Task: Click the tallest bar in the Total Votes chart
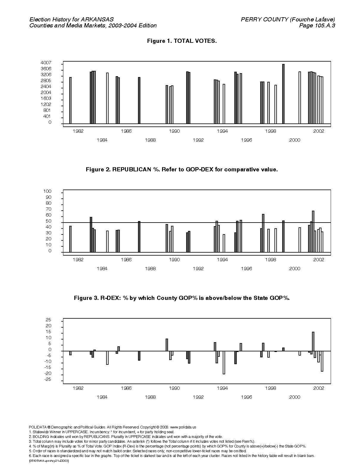tap(283, 94)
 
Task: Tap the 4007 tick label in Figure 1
tap(46, 63)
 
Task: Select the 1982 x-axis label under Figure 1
tap(78, 131)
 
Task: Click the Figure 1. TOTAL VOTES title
tap(182, 41)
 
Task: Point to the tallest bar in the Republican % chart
tap(313, 231)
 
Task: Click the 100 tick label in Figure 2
tap(47, 191)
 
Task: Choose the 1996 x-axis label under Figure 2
tap(247, 269)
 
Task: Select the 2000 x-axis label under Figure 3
tap(295, 397)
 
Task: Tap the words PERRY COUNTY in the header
tap(264, 20)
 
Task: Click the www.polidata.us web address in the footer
tap(183, 427)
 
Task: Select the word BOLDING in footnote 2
tap(40, 437)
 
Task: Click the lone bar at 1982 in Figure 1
tap(70, 100)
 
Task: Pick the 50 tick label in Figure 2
tap(48, 221)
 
